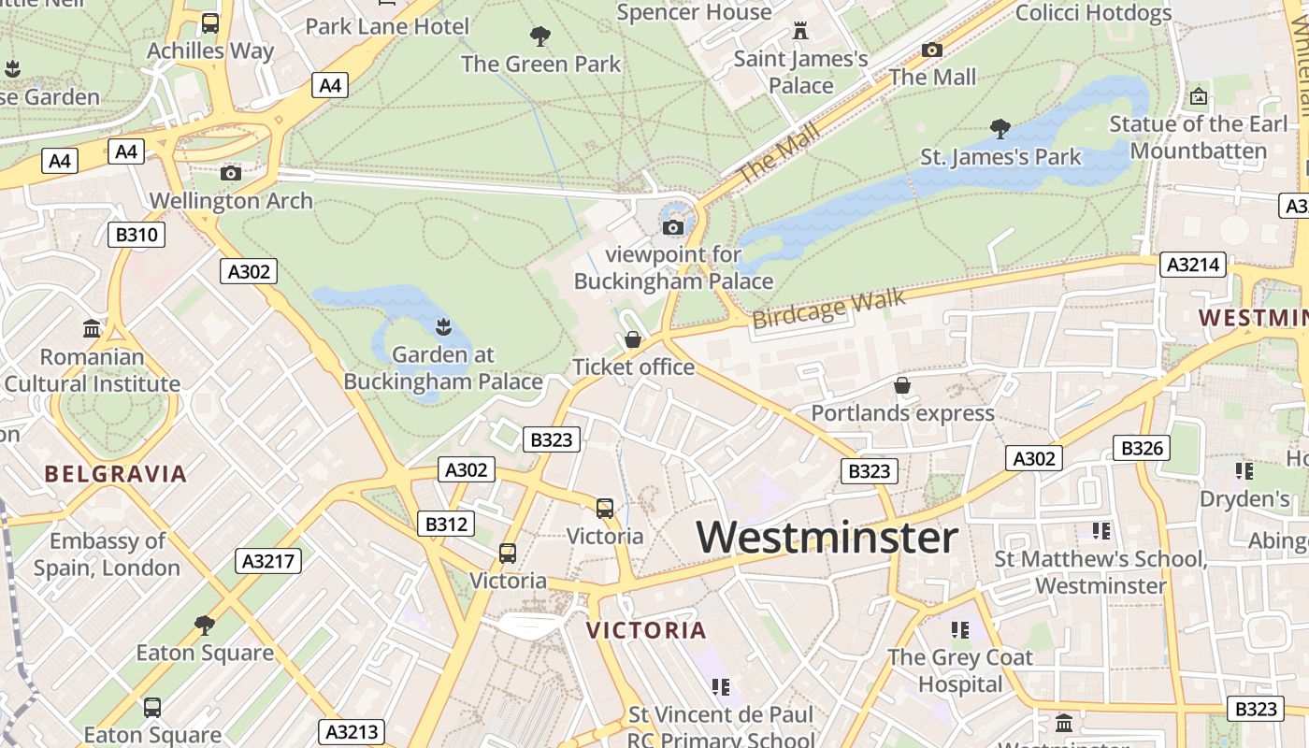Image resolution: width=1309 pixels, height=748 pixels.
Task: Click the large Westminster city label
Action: pos(827,538)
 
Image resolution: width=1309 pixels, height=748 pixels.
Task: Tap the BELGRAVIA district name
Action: pos(116,474)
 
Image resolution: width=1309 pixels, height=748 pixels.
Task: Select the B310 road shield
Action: pos(137,235)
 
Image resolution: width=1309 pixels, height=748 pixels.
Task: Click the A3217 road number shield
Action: pos(268,561)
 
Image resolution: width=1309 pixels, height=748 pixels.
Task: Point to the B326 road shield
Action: pos(1142,449)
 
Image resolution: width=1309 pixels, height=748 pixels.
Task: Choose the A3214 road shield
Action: pos(1193,266)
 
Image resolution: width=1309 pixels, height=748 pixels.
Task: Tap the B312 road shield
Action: pos(446,525)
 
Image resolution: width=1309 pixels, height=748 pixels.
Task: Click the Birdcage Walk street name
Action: pos(828,309)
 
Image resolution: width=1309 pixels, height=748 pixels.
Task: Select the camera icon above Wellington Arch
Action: pos(231,173)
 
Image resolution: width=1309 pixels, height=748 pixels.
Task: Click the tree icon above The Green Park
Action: pos(539,36)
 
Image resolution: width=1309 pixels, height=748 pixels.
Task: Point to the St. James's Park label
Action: pos(1000,157)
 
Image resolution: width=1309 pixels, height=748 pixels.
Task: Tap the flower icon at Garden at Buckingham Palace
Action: pos(442,326)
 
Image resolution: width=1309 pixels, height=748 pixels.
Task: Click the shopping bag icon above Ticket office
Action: pos(633,339)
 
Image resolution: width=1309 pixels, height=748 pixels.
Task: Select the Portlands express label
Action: pos(902,413)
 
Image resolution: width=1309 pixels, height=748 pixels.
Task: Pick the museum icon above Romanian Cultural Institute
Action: pos(92,329)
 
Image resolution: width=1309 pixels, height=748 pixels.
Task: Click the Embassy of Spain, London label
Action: pos(107,554)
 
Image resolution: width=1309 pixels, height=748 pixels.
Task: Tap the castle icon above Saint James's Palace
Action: pos(799,31)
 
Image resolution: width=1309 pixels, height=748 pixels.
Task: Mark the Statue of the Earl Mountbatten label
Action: pos(1199,137)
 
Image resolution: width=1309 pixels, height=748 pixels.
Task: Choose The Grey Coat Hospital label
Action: pos(960,670)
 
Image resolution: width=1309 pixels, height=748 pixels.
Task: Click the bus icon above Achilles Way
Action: pos(210,23)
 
